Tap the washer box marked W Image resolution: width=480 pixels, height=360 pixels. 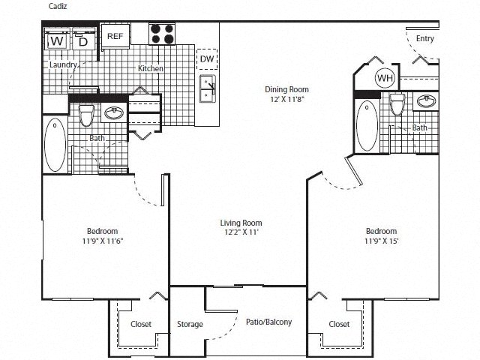(x=57, y=41)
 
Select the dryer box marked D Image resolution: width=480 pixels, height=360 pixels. (x=83, y=41)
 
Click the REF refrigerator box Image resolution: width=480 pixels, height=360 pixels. (x=115, y=36)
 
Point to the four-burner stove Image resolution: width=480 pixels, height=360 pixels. (x=163, y=34)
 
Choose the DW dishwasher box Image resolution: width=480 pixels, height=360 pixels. (x=206, y=58)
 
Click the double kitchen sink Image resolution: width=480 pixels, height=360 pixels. (x=208, y=89)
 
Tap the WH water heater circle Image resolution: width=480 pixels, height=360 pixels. (x=385, y=78)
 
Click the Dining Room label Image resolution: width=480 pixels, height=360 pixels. (x=286, y=89)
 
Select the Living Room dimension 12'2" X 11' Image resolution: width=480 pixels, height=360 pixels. (x=241, y=234)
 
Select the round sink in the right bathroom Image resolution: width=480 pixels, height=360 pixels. (x=428, y=101)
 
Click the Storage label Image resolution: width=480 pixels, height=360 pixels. (x=190, y=324)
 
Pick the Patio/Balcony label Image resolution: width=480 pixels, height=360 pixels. (x=268, y=322)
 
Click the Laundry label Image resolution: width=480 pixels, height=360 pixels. (x=64, y=65)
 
